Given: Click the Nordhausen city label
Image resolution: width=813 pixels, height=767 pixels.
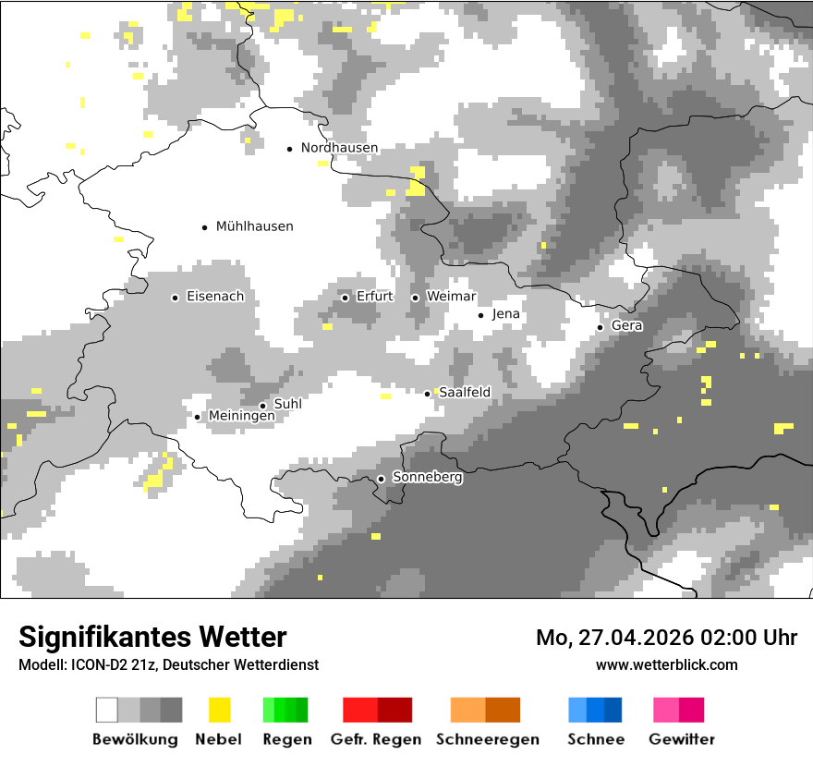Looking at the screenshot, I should click(339, 148).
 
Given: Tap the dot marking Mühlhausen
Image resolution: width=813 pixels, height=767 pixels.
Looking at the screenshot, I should click(205, 226).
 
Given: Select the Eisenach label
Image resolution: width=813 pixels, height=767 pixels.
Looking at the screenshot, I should click(215, 297).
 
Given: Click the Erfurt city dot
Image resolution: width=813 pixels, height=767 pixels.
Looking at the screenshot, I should click(345, 298).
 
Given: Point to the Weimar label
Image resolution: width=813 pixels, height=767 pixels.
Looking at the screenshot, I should click(451, 297).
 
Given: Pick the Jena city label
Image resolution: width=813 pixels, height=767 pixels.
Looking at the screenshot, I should click(506, 314).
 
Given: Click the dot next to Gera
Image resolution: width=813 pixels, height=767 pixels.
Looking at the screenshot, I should click(600, 327).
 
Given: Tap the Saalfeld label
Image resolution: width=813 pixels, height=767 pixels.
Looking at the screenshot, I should click(465, 393).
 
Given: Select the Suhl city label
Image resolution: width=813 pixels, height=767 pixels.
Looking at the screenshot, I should click(288, 404).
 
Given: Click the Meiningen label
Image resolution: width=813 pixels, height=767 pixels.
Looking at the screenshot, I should click(242, 417).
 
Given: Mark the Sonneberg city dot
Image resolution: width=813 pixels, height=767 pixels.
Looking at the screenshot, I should click(381, 479).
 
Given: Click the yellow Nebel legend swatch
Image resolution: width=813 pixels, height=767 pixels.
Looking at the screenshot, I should click(219, 710).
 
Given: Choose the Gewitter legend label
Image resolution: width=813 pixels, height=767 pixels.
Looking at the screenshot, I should click(682, 739).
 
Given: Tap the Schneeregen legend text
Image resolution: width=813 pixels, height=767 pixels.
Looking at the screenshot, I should click(488, 739).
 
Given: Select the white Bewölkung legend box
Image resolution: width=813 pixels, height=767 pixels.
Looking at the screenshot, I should click(107, 710).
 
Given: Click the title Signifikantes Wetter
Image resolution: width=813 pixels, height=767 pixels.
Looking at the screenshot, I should click(152, 637).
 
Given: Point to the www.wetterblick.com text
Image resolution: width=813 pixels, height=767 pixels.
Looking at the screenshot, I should click(666, 664).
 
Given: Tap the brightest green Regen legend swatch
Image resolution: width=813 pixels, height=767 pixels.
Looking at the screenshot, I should click(269, 710).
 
